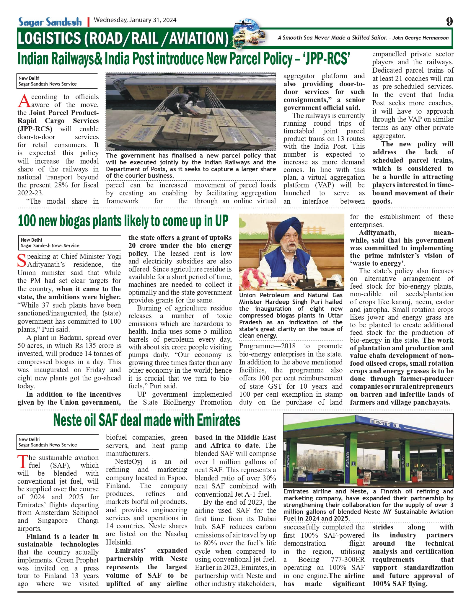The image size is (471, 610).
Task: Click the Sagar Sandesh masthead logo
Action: coord(50,22)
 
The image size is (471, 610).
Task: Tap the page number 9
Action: coord(449,22)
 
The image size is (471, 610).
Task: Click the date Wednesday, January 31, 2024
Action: coord(135,20)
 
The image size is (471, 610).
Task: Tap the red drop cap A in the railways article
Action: coord(24,101)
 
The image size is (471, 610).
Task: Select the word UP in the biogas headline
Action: coord(221,221)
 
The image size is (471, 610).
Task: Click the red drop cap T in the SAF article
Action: coord(22,462)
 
